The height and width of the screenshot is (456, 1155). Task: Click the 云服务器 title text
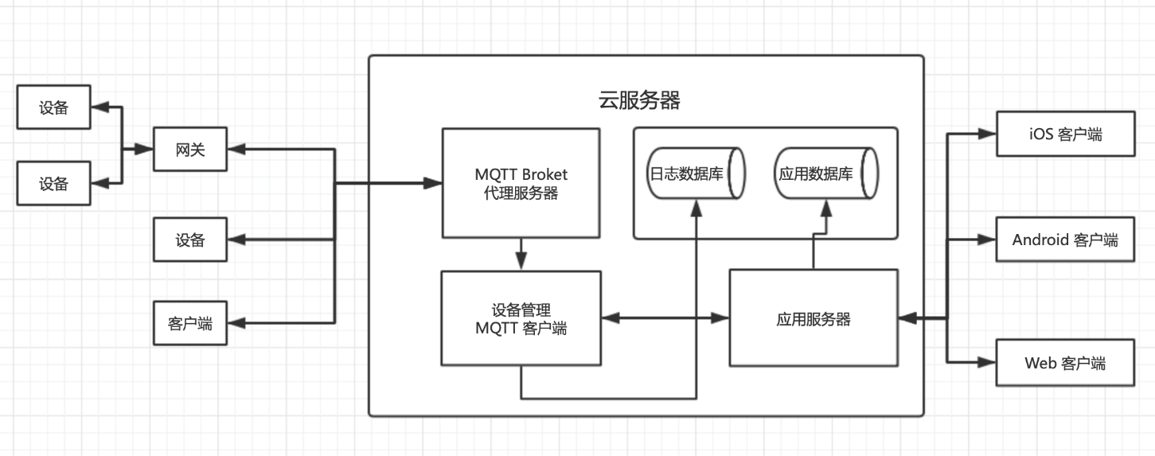point(638,100)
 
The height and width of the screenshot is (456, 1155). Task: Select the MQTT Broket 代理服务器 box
point(521,183)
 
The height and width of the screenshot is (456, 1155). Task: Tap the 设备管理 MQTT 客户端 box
point(521,318)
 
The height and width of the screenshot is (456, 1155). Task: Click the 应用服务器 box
point(813,319)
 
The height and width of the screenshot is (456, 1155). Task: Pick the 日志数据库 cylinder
point(694,173)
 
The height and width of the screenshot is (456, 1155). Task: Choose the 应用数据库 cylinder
point(824,173)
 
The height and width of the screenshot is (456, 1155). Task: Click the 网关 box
point(190,149)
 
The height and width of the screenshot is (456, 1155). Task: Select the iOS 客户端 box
point(1064,134)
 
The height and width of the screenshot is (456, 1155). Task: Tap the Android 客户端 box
point(1064,240)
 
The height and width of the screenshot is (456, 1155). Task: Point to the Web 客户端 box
point(1064,363)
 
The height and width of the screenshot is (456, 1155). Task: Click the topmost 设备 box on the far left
point(53,108)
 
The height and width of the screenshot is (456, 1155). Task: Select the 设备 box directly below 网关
point(190,240)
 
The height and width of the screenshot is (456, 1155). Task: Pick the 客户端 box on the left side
point(190,323)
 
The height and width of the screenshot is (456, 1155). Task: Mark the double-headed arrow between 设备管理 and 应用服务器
point(665,319)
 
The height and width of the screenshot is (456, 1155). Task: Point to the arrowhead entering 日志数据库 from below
point(697,207)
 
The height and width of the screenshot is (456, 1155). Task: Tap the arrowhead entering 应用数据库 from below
point(825,207)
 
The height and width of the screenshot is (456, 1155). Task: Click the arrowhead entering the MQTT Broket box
point(433,183)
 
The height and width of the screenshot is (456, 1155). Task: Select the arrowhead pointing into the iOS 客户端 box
point(987,134)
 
